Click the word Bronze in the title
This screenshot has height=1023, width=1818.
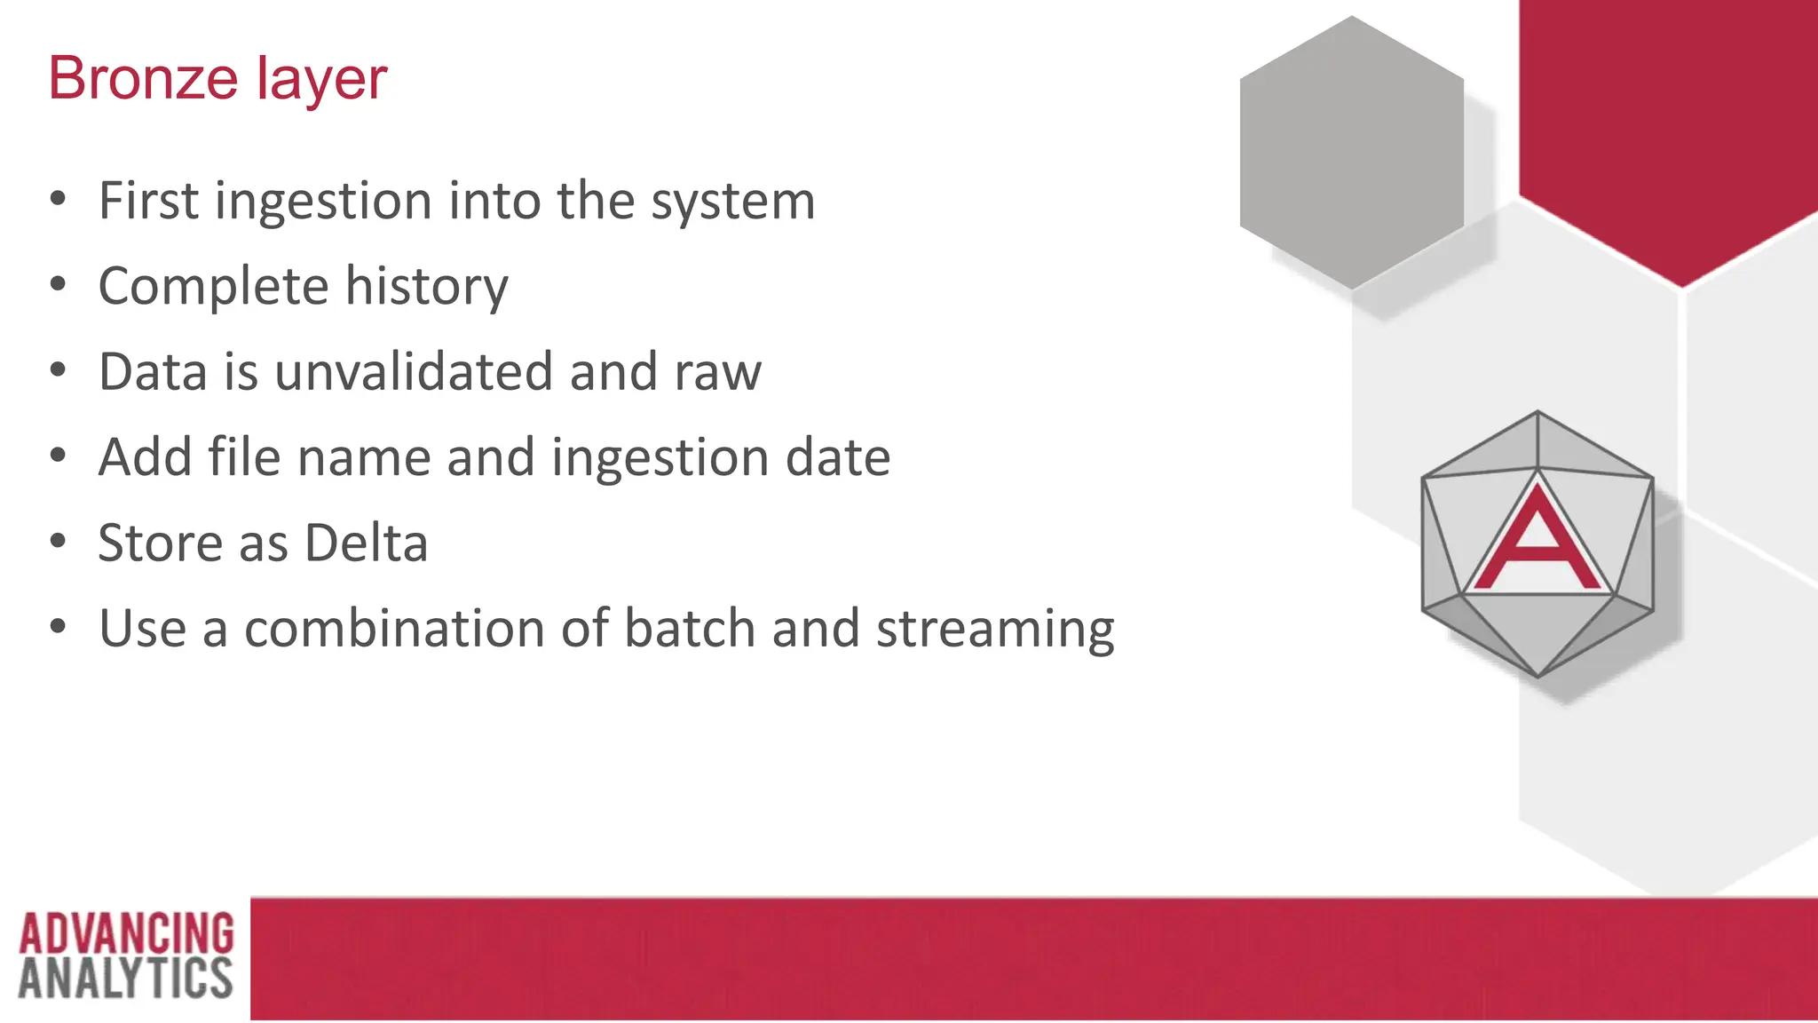coord(143,78)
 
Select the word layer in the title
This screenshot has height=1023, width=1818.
coord(322,80)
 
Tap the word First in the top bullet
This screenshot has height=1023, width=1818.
coord(148,201)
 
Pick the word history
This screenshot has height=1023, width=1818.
coord(426,287)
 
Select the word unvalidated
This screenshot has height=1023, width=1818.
coord(414,371)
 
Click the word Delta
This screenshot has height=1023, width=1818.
coord(366,543)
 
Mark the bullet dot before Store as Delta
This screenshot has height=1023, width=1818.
coord(59,541)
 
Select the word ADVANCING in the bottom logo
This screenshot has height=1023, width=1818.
coord(126,933)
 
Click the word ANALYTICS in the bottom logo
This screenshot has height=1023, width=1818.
coord(125,979)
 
